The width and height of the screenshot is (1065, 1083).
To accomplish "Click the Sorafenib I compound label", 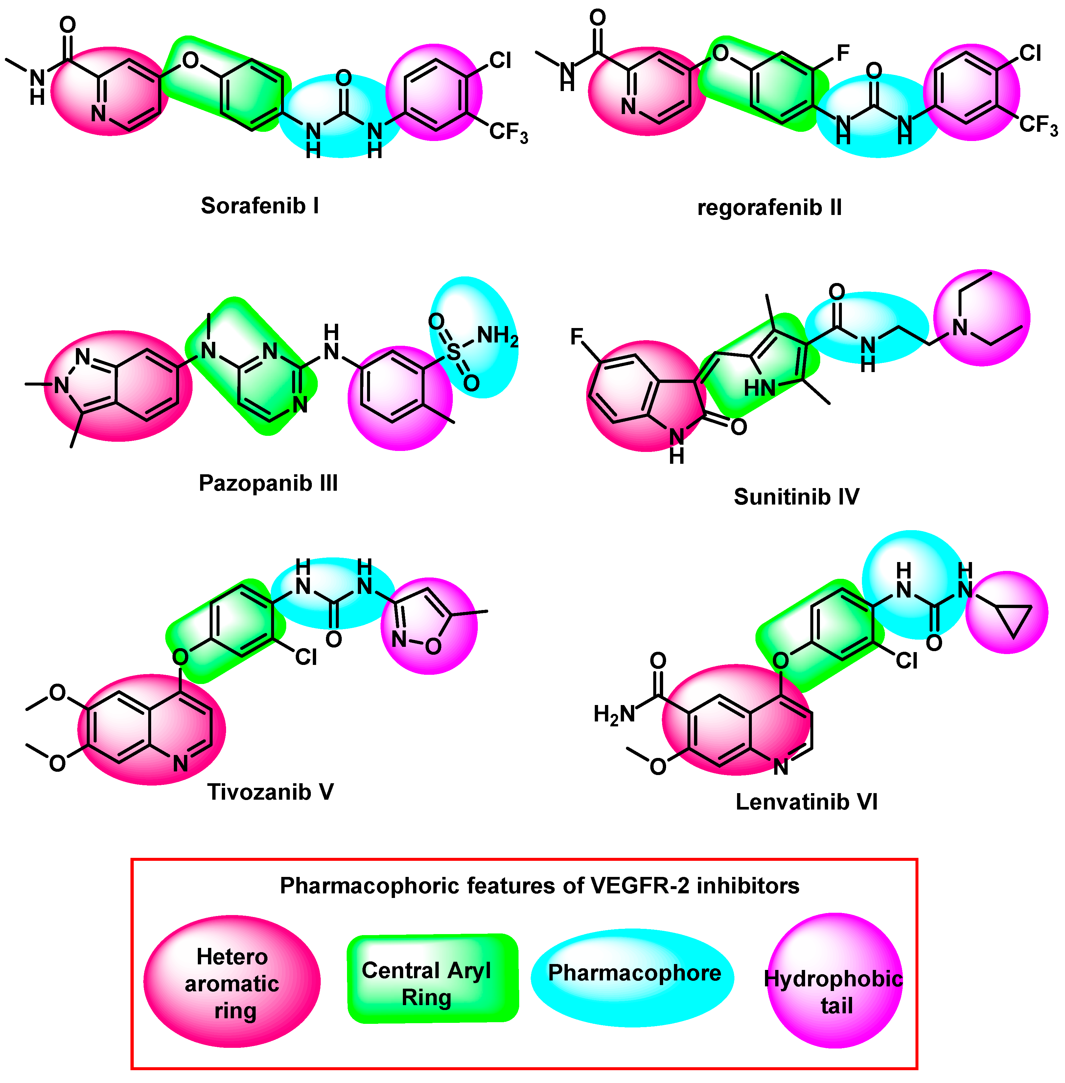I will click(260, 206).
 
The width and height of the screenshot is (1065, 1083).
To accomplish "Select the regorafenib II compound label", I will click(769, 207).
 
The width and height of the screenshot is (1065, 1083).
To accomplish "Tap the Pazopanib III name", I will click(268, 483).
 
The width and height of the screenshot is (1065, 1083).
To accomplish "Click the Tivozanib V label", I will click(271, 791).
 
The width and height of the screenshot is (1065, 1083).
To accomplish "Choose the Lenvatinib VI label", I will click(806, 802).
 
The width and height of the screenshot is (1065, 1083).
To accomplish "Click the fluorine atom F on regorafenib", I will click(843, 54).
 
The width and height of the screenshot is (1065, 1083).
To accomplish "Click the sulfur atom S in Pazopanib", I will click(454, 352).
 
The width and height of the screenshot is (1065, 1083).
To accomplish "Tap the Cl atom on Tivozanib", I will click(306, 657).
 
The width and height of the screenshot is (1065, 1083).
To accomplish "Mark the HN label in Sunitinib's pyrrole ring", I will click(759, 388).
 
